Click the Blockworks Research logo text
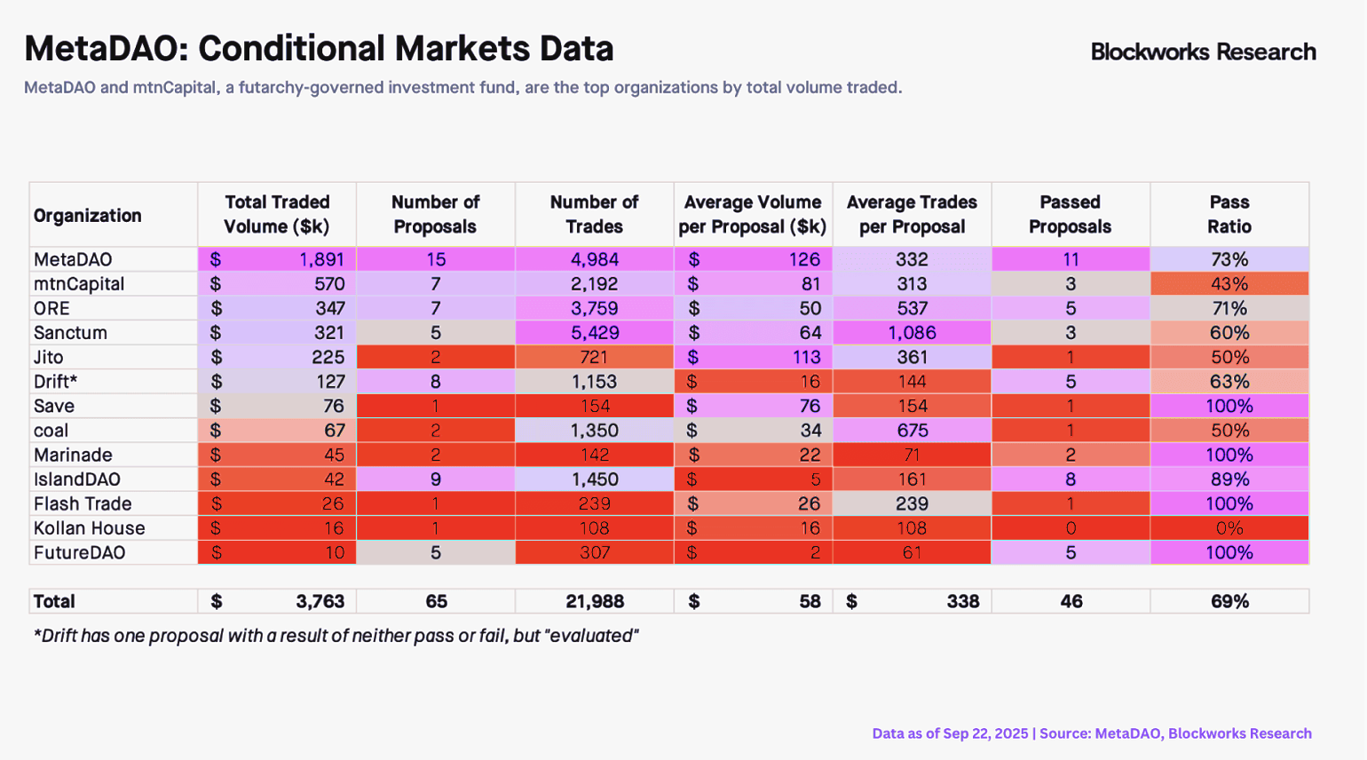(x=1203, y=52)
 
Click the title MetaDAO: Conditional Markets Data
(x=319, y=49)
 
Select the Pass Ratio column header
(x=1229, y=215)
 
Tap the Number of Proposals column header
(x=435, y=215)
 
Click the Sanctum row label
(x=70, y=333)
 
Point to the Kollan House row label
(x=89, y=528)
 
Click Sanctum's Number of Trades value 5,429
(x=594, y=333)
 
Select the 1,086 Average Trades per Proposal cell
(x=912, y=333)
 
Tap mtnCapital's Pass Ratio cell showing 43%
(x=1229, y=284)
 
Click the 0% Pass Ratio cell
(x=1229, y=528)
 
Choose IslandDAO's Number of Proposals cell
(x=435, y=479)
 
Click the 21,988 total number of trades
(x=594, y=601)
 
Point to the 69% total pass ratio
(x=1229, y=601)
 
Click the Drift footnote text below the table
(x=336, y=636)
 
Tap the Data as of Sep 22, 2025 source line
(x=1091, y=733)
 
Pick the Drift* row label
(x=55, y=382)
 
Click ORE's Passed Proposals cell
(x=1071, y=308)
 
